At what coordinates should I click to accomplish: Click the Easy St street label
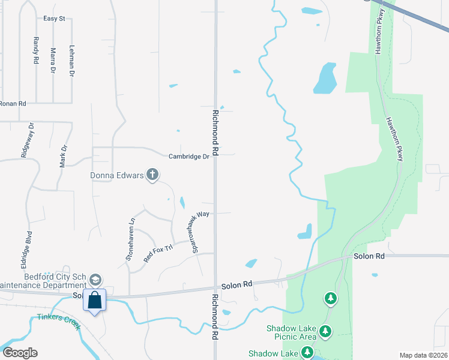53,19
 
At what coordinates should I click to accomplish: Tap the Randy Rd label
36,50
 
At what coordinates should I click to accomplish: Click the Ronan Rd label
13,104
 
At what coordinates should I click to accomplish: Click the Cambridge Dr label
188,156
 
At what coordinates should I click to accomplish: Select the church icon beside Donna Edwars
153,175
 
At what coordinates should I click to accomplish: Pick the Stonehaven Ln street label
129,238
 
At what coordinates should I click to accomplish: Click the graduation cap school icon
95,280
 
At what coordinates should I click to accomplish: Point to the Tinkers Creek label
59,320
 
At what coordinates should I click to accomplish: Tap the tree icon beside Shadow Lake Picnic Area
325,331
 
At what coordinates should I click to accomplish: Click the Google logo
20,353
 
